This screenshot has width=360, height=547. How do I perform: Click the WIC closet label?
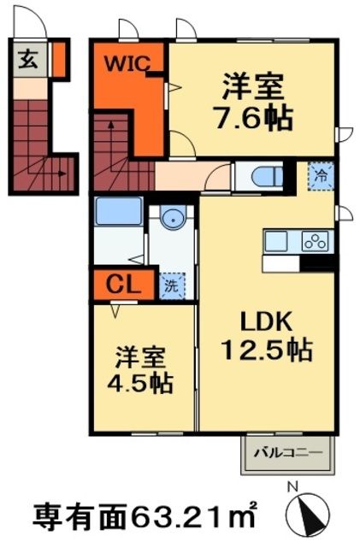128,63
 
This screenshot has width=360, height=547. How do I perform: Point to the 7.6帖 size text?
256,116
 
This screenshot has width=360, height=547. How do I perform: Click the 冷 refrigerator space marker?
321,176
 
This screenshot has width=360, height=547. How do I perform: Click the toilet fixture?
269,178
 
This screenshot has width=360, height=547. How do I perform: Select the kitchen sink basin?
279,242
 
